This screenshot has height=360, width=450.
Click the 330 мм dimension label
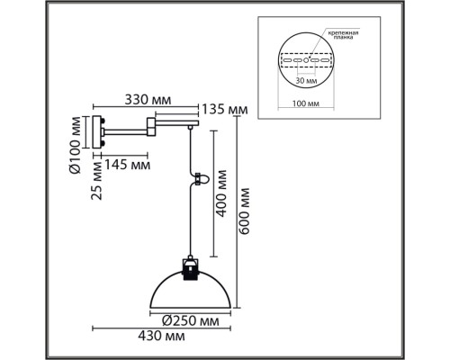[148, 100]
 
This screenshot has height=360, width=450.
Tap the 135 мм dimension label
[225, 110]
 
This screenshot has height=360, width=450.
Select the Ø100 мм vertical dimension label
[75, 145]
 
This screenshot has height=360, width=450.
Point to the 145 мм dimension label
[127, 165]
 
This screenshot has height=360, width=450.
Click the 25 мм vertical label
[97, 181]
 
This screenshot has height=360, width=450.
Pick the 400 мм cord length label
[221, 193]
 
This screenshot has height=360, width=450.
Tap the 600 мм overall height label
[244, 211]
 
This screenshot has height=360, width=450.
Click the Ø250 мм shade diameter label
[191, 321]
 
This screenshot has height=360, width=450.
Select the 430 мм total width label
[161, 336]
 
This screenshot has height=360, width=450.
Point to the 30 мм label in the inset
[306, 81]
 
